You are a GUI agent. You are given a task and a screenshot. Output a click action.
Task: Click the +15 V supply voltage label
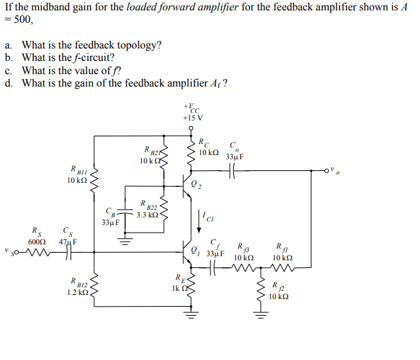pos(192,117)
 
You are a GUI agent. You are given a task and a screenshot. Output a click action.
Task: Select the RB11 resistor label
pos(77,168)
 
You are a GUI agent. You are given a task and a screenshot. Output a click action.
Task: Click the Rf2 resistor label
pos(277,285)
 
